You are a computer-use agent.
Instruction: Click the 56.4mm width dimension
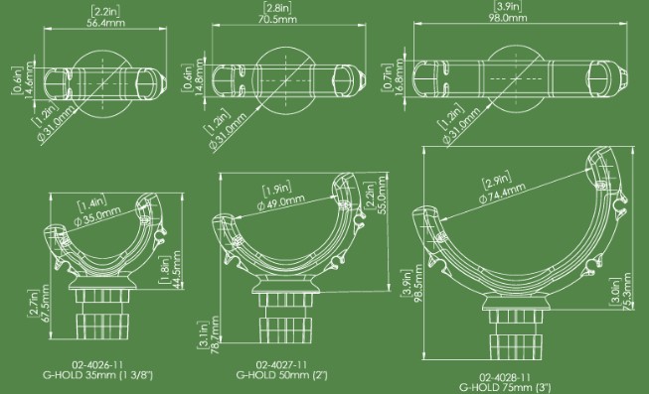click(105, 23)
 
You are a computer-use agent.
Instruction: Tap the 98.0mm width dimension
click(508, 18)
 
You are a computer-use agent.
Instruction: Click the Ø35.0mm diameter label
click(96, 215)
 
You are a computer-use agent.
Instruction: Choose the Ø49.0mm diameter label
click(280, 201)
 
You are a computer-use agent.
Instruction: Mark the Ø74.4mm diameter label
click(502, 193)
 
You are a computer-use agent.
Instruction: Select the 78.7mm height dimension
click(215, 334)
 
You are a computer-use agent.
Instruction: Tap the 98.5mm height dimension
click(418, 283)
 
